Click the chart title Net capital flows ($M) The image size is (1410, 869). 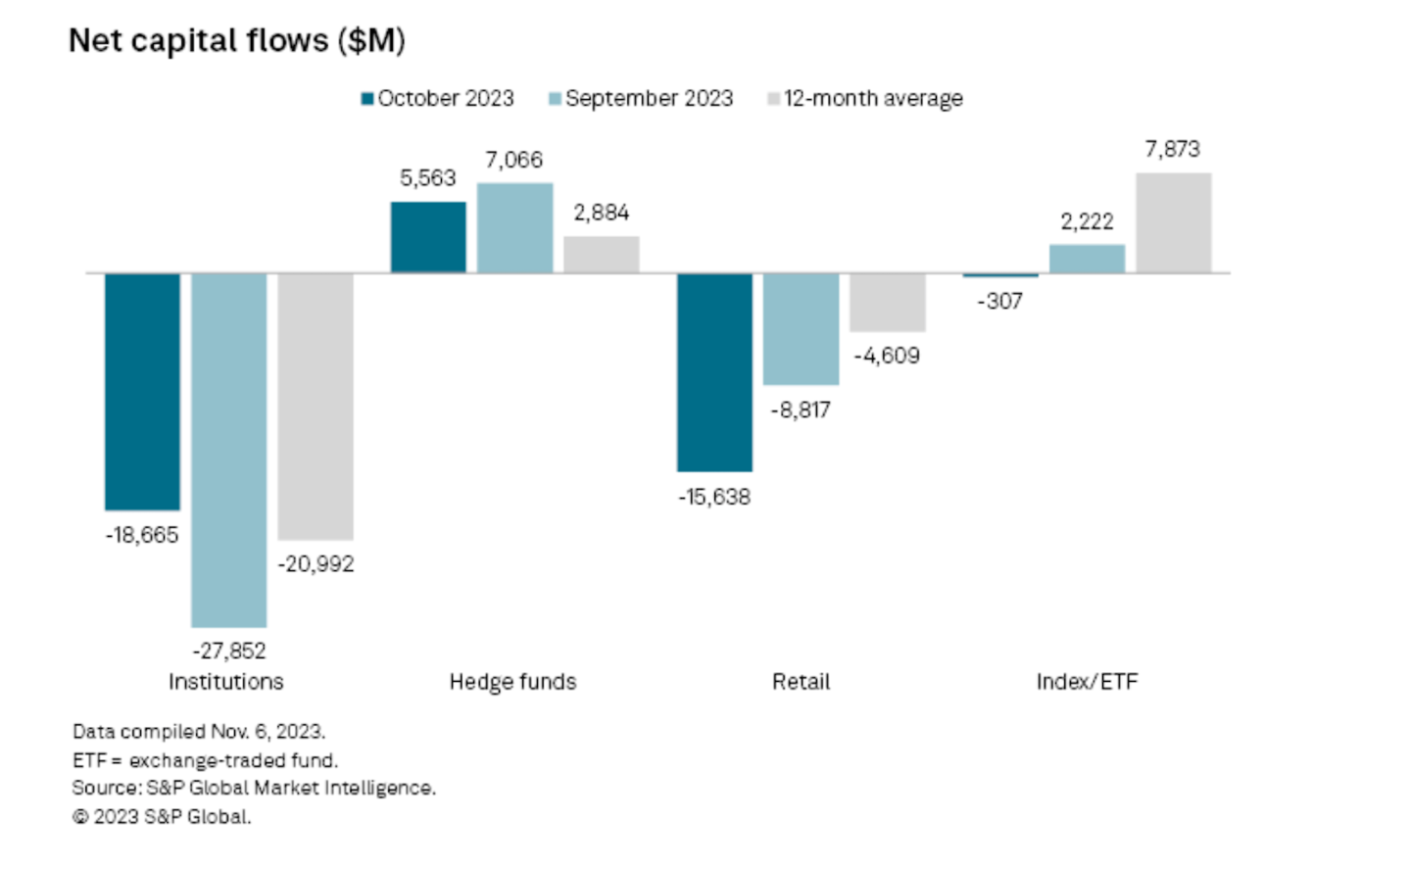pos(236,40)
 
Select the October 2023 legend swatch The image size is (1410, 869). pos(367,99)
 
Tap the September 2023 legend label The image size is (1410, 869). pos(649,99)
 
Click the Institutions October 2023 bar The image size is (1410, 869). pos(143,391)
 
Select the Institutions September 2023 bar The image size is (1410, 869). pos(229,450)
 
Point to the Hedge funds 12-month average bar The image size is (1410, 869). pos(602,255)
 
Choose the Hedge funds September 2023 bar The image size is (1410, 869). pos(515,228)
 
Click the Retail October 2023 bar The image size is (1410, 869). pos(715,372)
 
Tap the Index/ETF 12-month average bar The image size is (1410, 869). pos(1174,223)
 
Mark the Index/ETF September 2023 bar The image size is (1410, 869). pos(1088,259)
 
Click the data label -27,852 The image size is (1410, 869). pos(229,651)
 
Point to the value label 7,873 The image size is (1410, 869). pos(1173,149)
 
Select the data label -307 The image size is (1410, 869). pos(1000,302)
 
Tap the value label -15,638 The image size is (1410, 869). pos(714,498)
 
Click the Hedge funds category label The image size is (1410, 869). pos(512,682)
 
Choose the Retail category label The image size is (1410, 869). pos(801,682)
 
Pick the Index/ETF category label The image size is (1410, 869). pos(1087,682)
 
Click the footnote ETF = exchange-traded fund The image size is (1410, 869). pos(205,760)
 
